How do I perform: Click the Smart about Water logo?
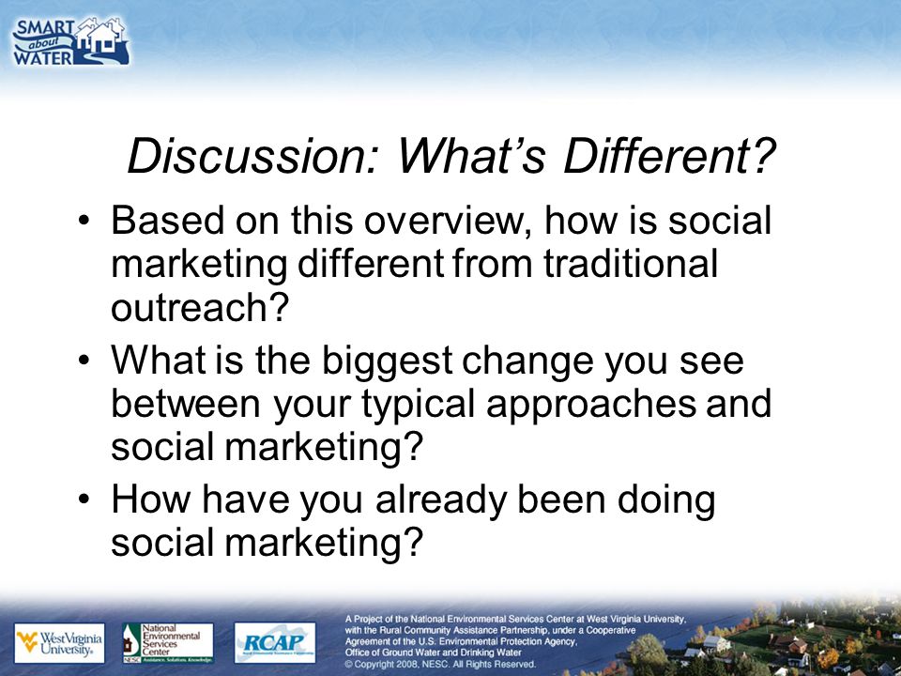point(70,42)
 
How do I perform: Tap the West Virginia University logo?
point(60,643)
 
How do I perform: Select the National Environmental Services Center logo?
point(168,643)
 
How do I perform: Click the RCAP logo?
point(275,642)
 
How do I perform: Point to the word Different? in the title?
point(670,157)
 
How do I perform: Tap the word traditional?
point(631,264)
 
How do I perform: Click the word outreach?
point(199,308)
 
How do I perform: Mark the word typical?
point(419,405)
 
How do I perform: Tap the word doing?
point(666,500)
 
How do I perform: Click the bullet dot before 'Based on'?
point(84,222)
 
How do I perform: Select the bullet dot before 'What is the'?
point(84,361)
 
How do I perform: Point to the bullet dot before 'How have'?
point(84,499)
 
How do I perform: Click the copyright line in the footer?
point(440,664)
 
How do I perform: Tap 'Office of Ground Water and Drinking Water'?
point(434,653)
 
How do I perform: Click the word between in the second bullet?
point(186,404)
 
